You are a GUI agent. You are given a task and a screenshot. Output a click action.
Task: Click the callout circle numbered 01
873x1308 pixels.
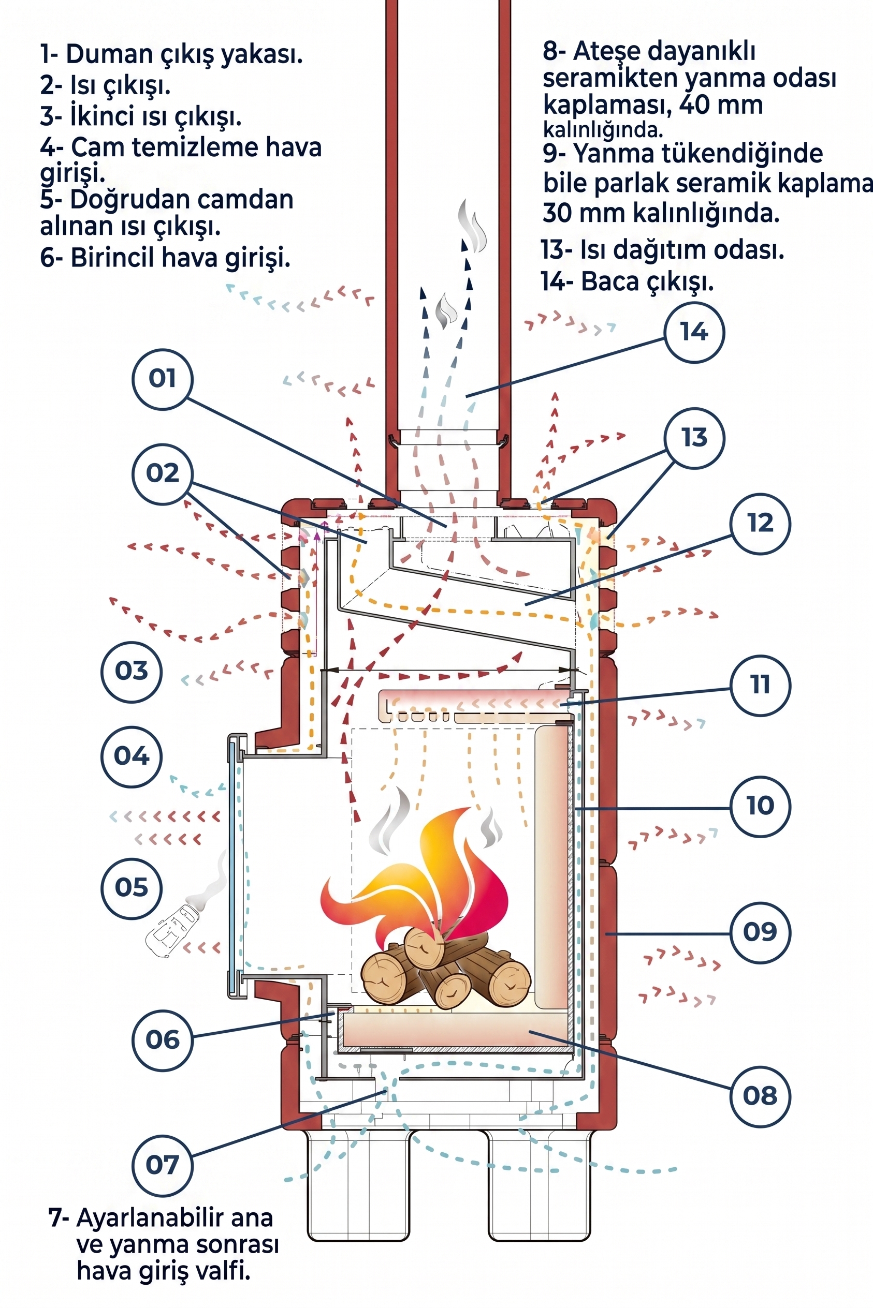click(x=163, y=379)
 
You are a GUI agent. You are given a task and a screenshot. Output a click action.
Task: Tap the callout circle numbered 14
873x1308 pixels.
click(x=694, y=332)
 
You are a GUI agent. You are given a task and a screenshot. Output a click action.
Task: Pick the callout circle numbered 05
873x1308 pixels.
click(x=132, y=887)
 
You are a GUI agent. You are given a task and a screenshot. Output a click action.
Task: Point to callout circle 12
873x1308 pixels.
click(x=760, y=524)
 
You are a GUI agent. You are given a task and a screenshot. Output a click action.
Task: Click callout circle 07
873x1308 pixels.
click(x=163, y=1165)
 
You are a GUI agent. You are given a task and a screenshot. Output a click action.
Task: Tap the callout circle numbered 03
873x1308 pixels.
click(x=132, y=672)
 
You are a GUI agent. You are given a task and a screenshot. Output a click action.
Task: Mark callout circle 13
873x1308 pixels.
click(x=694, y=438)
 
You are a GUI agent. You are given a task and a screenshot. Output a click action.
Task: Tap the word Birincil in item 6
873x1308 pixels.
click(x=108, y=258)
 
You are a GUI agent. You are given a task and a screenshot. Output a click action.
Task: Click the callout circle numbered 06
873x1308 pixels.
click(x=163, y=1040)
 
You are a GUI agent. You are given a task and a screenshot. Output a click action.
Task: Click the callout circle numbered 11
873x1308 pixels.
click(x=760, y=685)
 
